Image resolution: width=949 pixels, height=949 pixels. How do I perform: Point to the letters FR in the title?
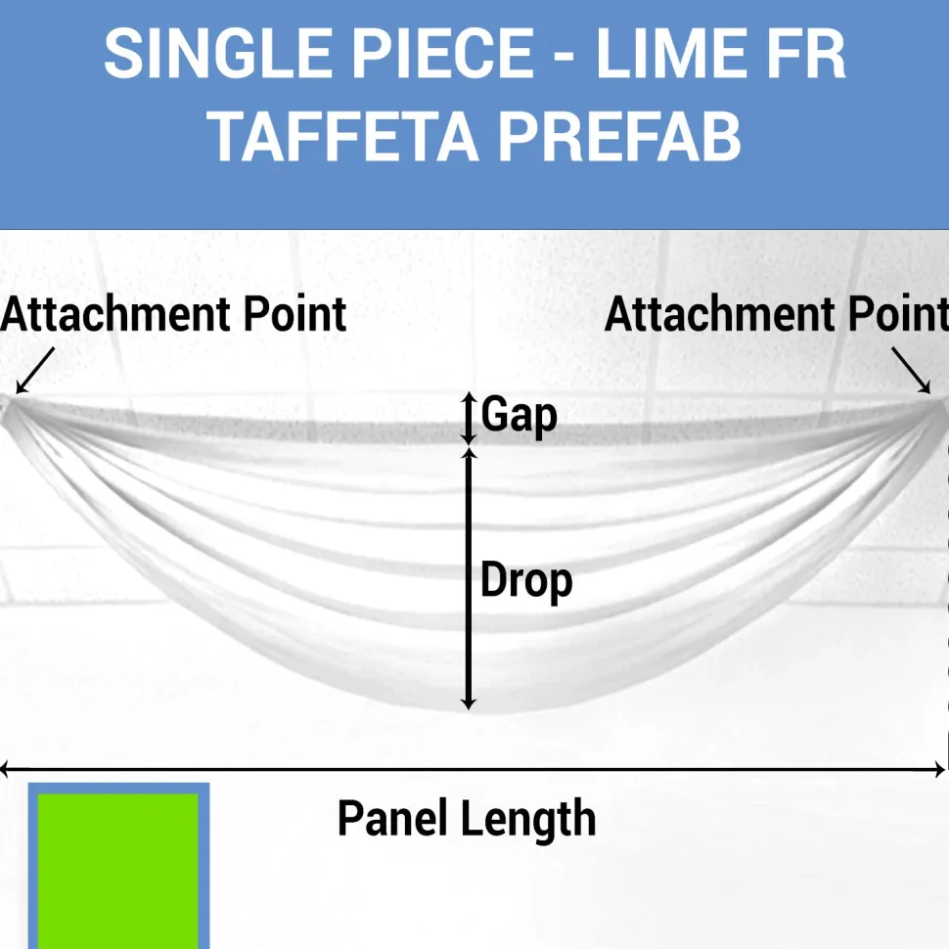[807, 53]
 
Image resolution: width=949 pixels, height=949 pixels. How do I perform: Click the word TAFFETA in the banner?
[343, 136]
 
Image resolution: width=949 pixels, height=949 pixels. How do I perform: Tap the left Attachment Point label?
[173, 315]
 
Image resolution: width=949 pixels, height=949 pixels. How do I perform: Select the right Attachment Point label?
[777, 315]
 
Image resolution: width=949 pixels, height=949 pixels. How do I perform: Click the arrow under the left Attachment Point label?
[35, 371]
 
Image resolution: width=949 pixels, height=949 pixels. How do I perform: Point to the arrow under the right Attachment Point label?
[911, 371]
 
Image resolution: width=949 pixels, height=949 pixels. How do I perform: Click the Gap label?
[520, 415]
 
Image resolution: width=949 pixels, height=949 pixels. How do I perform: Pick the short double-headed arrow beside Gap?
[469, 419]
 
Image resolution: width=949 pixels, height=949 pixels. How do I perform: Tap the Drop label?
[526, 581]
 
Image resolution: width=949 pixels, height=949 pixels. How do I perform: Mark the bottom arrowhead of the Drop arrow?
[469, 702]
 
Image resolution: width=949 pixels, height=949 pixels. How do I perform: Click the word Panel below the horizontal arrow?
[393, 818]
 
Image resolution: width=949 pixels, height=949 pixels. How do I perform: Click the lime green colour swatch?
[118, 872]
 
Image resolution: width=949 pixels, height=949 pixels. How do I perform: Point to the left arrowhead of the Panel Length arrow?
[5, 770]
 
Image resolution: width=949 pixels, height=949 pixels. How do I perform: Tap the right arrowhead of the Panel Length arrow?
[938, 770]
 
